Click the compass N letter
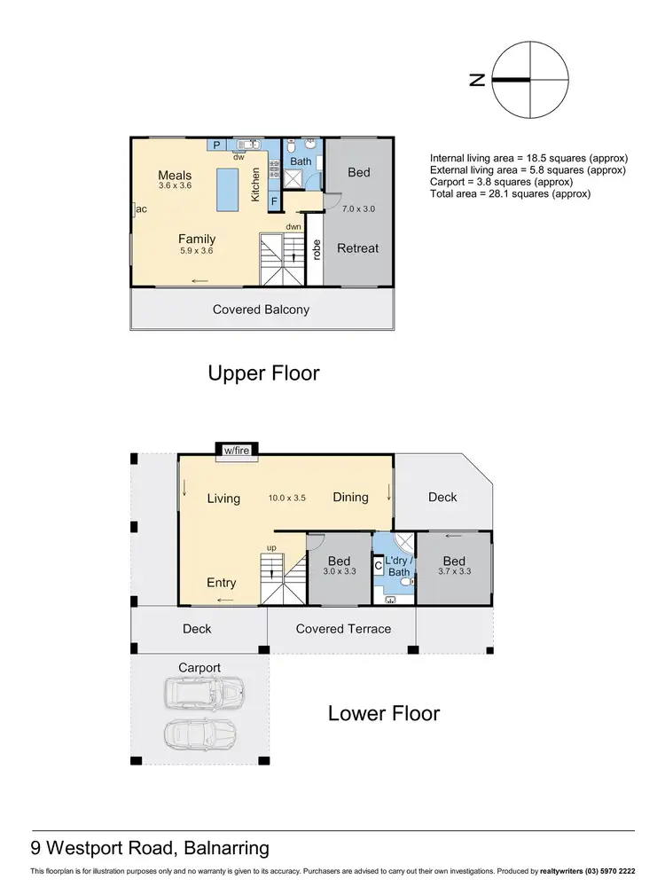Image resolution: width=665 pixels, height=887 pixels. (477, 80)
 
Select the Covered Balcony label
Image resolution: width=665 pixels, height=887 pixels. (261, 310)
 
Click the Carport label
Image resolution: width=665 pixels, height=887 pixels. (199, 667)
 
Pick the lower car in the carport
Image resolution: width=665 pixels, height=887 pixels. (200, 734)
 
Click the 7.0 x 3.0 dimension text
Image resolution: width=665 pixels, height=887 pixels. (360, 208)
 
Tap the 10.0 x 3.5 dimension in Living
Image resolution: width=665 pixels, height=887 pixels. (286, 498)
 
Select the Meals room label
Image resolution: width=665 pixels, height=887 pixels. (175, 175)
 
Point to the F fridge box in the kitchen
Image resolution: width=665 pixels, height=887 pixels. (275, 201)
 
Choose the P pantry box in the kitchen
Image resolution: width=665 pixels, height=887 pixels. (215, 145)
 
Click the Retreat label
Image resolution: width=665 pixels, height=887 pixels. (358, 248)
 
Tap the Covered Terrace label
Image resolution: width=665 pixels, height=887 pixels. (343, 629)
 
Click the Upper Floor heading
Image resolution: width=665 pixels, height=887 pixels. (263, 373)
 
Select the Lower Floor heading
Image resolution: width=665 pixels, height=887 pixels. (384, 713)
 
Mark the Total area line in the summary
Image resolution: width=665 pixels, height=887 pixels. (510, 193)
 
